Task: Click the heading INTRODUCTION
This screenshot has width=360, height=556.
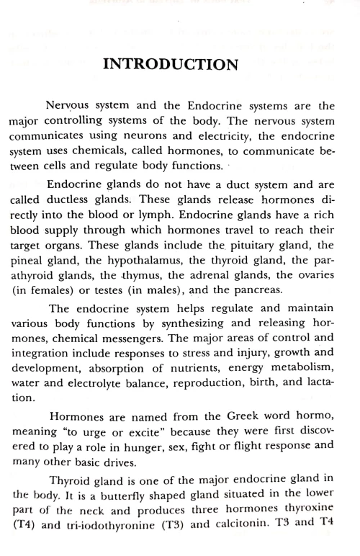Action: (x=171, y=64)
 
